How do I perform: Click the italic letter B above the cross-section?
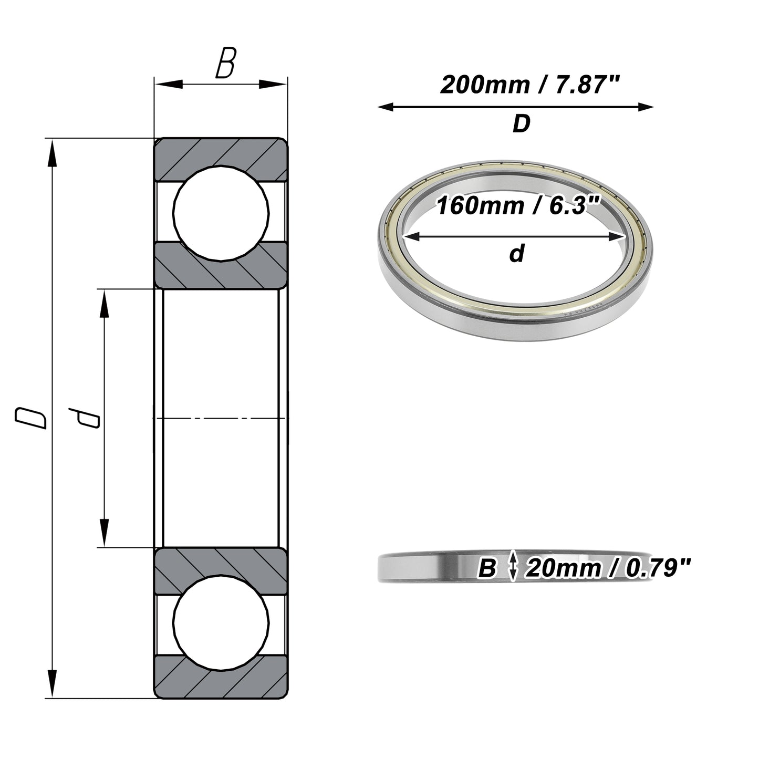226,63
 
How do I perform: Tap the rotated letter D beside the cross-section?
30,418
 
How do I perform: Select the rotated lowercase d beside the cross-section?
84,418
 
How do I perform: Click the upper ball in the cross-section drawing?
221,213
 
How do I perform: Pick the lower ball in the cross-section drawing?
221,623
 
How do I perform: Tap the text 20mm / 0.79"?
608,568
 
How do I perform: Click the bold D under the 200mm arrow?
522,123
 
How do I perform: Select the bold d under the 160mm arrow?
517,253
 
